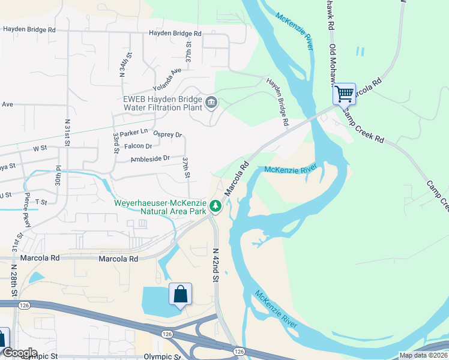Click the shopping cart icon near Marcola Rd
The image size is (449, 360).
point(344,94)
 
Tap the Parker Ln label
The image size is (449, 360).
point(133,131)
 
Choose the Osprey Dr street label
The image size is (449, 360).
point(167,134)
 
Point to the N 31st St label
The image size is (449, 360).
point(67,133)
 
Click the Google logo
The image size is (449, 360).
point(19,352)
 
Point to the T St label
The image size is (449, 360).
point(41,202)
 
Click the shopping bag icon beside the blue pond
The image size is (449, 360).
point(180,295)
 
